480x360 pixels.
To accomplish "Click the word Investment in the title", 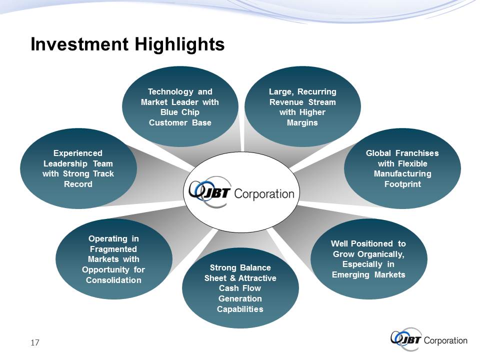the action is click(x=79, y=44).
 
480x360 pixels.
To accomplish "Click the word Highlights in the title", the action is click(x=179, y=44).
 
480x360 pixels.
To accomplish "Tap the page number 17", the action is click(x=35, y=342).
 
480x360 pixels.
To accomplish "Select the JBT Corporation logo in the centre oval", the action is click(x=241, y=191).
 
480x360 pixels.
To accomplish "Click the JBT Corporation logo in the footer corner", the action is click(x=429, y=339).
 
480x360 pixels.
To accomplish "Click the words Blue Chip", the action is click(x=180, y=112).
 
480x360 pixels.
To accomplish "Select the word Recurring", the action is click(x=317, y=92).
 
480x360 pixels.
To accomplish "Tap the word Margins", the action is click(x=302, y=123).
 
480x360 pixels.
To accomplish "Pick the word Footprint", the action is click(x=402, y=184).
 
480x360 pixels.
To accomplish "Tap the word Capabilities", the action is click(x=240, y=309).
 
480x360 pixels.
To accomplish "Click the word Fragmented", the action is click(x=113, y=249).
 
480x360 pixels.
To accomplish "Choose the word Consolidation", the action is click(x=113, y=280).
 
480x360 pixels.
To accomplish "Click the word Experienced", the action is click(x=78, y=153).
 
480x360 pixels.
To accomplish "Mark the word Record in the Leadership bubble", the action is click(x=78, y=184).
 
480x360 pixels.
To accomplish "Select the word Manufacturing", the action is click(x=402, y=174).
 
